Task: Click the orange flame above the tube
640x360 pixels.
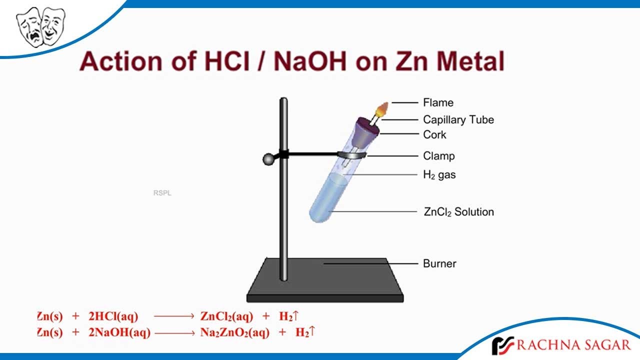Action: coord(383,108)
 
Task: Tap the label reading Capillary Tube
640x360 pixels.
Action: coord(458,119)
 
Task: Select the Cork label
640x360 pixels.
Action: coord(434,134)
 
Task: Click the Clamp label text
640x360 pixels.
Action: coord(438,156)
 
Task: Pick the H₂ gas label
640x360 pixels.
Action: coord(439,175)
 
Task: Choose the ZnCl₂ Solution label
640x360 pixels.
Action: coord(458,212)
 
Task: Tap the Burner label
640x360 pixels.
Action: coord(439,263)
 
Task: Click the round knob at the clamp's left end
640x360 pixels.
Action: coord(268,159)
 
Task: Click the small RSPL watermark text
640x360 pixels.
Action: coord(162,193)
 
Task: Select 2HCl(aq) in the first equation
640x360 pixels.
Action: coord(113,316)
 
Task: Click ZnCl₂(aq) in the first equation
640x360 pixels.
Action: coord(226,316)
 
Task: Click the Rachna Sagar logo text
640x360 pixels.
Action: coord(574,344)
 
